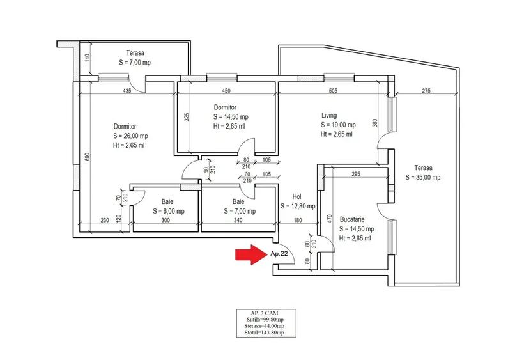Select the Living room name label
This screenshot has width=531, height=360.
tap(329, 116)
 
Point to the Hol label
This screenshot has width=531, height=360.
tap(296, 197)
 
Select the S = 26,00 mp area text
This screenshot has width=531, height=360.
tap(130, 136)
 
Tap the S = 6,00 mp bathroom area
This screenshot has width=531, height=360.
tap(169, 211)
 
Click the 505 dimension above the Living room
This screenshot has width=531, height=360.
tap(333, 91)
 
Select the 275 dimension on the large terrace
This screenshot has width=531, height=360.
tap(426, 91)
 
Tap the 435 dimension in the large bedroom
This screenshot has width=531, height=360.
tap(127, 91)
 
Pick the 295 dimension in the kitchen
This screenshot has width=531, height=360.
tap(357, 175)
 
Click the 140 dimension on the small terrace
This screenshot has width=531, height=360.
tap(88, 58)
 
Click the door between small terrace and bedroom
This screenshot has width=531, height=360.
tap(135, 82)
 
